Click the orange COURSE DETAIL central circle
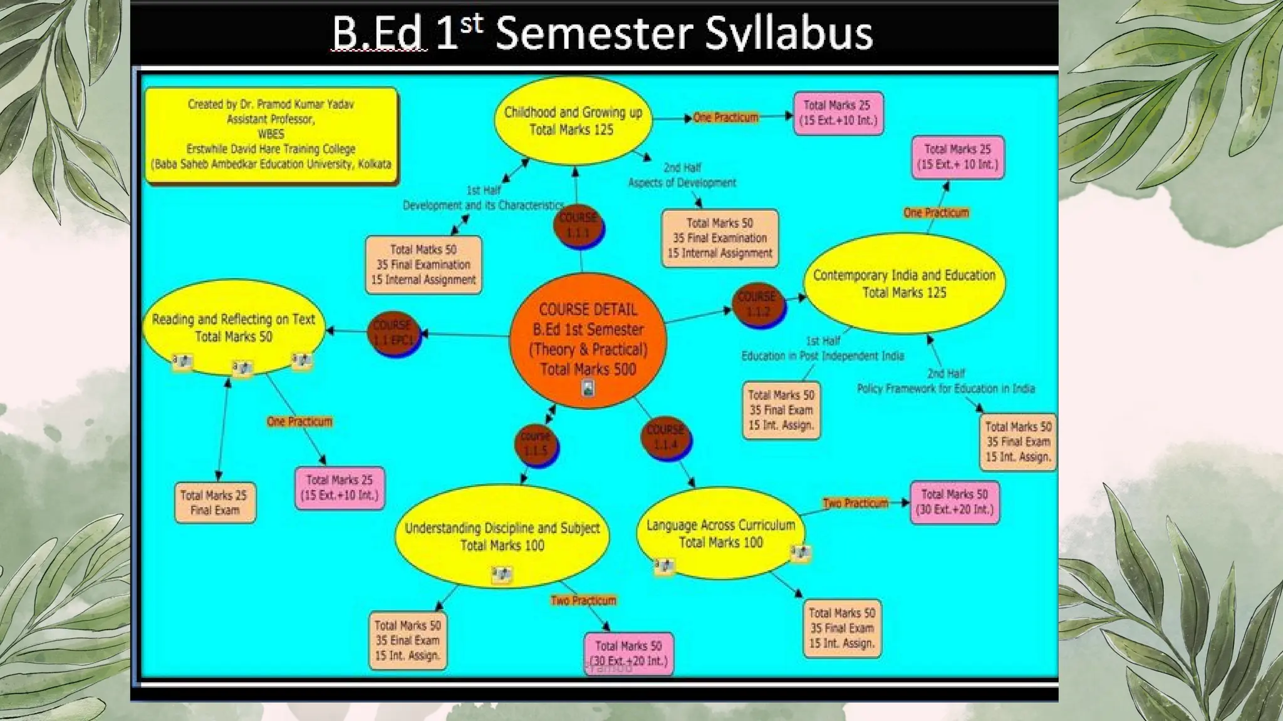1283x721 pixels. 588,340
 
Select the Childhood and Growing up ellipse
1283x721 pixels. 573,121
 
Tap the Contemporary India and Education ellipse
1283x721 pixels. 904,284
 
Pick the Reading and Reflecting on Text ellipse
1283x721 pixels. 234,327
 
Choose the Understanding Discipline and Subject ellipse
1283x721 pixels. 502,536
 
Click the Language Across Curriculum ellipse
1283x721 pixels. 720,533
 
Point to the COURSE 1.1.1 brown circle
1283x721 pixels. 578,225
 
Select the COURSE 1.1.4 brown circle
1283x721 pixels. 665,437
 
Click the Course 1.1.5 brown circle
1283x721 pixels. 535,443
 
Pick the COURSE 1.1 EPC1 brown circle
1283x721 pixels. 393,333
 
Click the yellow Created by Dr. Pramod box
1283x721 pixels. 271,135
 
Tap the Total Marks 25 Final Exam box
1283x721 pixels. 215,503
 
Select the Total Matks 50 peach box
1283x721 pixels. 423,265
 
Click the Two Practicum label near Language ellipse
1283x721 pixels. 855,503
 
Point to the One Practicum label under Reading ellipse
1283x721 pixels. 299,421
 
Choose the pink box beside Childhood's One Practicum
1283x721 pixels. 838,113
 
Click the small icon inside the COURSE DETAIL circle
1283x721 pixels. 588,388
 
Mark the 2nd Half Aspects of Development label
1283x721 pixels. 682,175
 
